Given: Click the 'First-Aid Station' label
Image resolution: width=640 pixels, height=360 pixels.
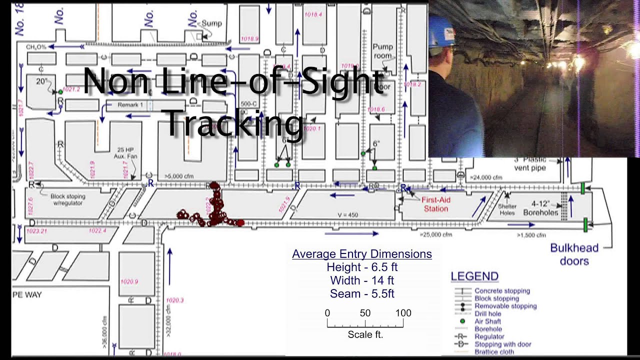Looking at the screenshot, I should pos(436,204).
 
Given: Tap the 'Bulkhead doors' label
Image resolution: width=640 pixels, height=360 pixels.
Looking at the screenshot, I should pos(574,254).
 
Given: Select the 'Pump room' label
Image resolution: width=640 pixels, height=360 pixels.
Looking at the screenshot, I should pos(383,51).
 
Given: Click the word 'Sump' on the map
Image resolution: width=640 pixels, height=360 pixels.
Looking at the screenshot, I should pos(211,23).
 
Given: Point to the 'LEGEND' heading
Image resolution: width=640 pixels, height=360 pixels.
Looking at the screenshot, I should pos(474,276).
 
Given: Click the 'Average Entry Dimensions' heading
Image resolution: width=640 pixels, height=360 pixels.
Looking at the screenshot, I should pos(362,254).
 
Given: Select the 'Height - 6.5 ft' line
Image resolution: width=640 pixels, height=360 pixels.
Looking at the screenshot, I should pos(362,267).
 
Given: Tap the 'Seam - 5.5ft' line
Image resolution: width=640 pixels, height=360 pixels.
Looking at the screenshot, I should pos(362,293).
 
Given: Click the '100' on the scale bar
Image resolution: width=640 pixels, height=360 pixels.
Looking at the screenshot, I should pos(403,313).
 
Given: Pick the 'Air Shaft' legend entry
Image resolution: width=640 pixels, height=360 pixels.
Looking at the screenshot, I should pos(487,321).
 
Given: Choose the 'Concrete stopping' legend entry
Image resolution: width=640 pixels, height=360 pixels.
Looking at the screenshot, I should pos(502,290).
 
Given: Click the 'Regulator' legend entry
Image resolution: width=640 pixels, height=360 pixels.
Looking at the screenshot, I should pos(489,336).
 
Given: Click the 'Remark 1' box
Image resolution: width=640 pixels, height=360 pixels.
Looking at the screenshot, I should pos(130,105).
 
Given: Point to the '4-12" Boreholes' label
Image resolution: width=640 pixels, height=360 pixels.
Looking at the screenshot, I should pos(540,208).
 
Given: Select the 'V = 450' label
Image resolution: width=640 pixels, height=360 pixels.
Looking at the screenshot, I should pos(348,215).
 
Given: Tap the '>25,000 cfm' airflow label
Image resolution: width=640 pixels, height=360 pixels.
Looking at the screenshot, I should pos(436,234).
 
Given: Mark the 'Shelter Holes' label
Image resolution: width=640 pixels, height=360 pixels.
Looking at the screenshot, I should pos(507,209).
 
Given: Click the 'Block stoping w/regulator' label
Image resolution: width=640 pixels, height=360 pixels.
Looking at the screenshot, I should pos(68,199).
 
